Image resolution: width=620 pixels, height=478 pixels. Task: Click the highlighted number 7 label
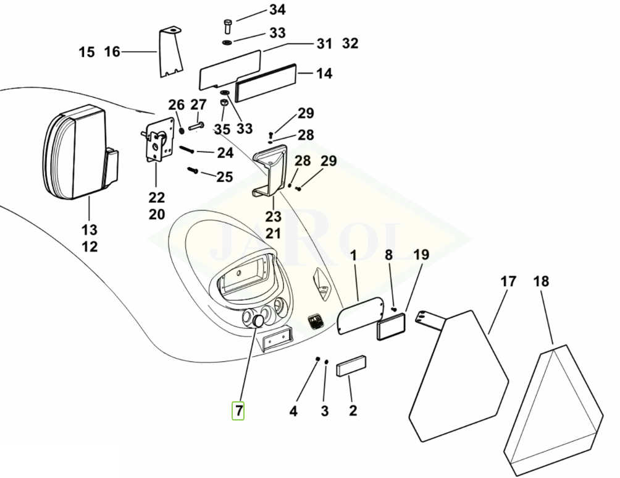(x=238, y=411)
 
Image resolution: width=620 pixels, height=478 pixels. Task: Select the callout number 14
(x=324, y=74)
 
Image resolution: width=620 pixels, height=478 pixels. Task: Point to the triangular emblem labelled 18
(x=553, y=410)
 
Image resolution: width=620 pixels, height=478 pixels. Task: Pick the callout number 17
(x=508, y=281)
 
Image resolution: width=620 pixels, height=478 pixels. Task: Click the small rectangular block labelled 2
(x=351, y=365)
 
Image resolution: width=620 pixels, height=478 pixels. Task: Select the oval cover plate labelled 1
(x=360, y=315)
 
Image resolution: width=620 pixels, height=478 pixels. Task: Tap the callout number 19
(x=421, y=254)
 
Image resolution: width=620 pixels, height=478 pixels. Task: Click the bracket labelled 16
(x=170, y=52)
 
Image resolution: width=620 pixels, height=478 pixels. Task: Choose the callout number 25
(x=225, y=177)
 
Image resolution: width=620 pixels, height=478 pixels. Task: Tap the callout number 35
(x=222, y=129)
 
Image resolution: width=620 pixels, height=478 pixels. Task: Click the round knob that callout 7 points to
(x=258, y=321)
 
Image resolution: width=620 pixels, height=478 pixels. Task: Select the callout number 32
(x=350, y=43)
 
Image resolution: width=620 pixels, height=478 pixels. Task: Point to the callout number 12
(x=90, y=246)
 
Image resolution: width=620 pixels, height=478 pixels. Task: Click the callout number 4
(x=293, y=411)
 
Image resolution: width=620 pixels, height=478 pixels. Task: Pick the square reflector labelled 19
(x=392, y=326)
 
